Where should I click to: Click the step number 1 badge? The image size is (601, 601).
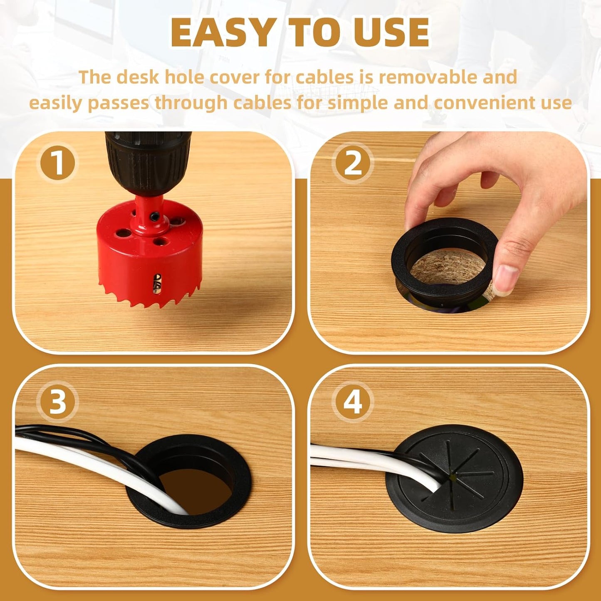[57, 163]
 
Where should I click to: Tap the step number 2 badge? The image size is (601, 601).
[353, 163]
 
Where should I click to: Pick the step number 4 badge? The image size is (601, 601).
[353, 403]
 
